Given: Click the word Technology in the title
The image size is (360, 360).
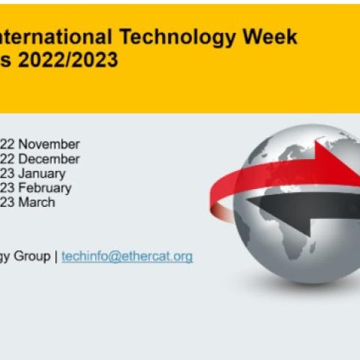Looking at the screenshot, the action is [177, 37].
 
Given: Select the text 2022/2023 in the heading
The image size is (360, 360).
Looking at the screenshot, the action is [67, 59].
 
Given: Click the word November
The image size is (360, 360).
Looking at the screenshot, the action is [49, 144].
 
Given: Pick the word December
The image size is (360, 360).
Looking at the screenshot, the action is [49, 159].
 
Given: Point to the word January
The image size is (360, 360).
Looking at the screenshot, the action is [42, 174].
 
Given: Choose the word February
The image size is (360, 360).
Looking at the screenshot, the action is [45, 188].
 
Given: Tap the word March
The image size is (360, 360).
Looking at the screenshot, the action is [37, 202].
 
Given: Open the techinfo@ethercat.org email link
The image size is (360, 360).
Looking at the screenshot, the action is [127, 256].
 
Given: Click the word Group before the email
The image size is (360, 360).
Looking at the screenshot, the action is [32, 256].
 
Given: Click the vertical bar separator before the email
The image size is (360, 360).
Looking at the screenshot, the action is [56, 256].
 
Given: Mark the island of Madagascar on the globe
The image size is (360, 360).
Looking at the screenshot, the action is [312, 247].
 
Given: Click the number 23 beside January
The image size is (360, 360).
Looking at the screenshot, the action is [7, 173].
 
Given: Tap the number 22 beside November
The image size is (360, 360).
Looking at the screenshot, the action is [7, 144].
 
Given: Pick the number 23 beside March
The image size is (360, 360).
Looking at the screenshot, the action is [7, 202].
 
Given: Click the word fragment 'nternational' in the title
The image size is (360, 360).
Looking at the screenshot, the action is [56, 37].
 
